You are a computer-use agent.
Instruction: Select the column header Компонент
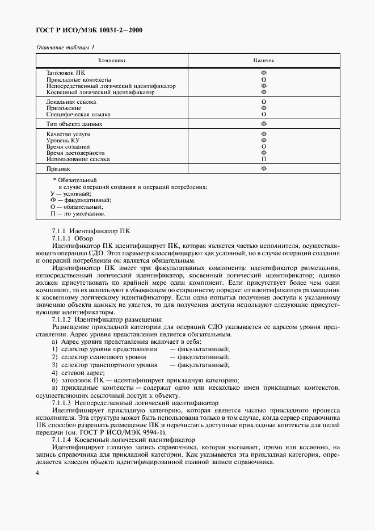pos(111,60)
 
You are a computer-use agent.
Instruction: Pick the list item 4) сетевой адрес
pos(74,373)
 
